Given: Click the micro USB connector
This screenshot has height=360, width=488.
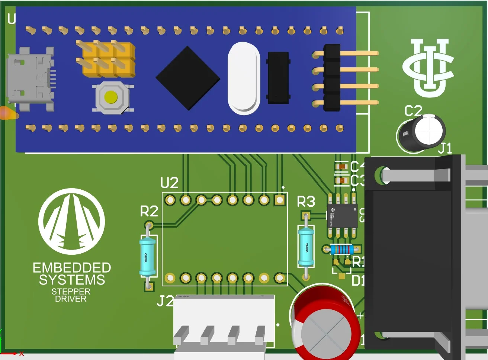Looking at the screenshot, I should point(30,80).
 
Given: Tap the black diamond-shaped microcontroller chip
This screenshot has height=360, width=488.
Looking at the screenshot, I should point(188,78).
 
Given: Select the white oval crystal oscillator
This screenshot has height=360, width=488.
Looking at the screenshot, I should point(244,78).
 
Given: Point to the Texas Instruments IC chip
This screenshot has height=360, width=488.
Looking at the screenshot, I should point(342,215).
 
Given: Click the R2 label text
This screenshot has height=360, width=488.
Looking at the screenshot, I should point(149,211).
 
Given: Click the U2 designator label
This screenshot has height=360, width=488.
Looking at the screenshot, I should point(169,183).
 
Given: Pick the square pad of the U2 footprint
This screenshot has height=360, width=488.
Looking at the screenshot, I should point(279,200).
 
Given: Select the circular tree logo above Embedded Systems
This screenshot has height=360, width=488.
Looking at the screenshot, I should point(71,222).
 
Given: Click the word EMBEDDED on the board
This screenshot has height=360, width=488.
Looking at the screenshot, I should point(72,268).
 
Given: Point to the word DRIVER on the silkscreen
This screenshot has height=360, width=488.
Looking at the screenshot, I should point(71,299).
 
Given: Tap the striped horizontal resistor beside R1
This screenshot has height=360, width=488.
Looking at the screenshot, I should point(342,249).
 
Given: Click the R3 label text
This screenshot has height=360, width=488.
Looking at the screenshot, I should point(306,202).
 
